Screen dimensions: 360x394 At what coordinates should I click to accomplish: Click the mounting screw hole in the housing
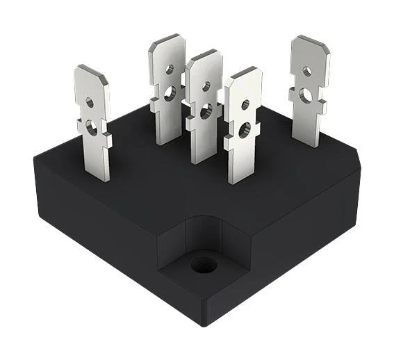tap(203, 264)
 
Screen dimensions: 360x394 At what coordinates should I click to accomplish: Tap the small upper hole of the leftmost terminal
tap(89, 103)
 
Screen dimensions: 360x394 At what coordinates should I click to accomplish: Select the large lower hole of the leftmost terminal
tap(91, 126)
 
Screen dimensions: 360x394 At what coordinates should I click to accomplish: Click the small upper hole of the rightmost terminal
tap(306, 70)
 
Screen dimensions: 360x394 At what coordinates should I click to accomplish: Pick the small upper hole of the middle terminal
tap(205, 86)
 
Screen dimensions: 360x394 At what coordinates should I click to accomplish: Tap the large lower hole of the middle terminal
tap(205, 110)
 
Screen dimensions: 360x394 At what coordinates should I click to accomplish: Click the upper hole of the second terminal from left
tap(169, 68)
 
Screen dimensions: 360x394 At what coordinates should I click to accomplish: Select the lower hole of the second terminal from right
tap(244, 129)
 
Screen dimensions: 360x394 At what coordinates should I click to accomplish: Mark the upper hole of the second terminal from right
tap(245, 105)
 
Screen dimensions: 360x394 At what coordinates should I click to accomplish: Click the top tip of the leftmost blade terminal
tap(92, 69)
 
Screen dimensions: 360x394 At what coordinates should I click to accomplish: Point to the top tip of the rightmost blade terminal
tap(310, 38)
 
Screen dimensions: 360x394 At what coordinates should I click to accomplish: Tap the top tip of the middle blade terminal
tap(204, 54)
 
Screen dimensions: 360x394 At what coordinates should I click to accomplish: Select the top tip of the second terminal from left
tap(167, 36)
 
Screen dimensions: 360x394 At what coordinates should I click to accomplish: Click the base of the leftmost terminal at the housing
tap(97, 177)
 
